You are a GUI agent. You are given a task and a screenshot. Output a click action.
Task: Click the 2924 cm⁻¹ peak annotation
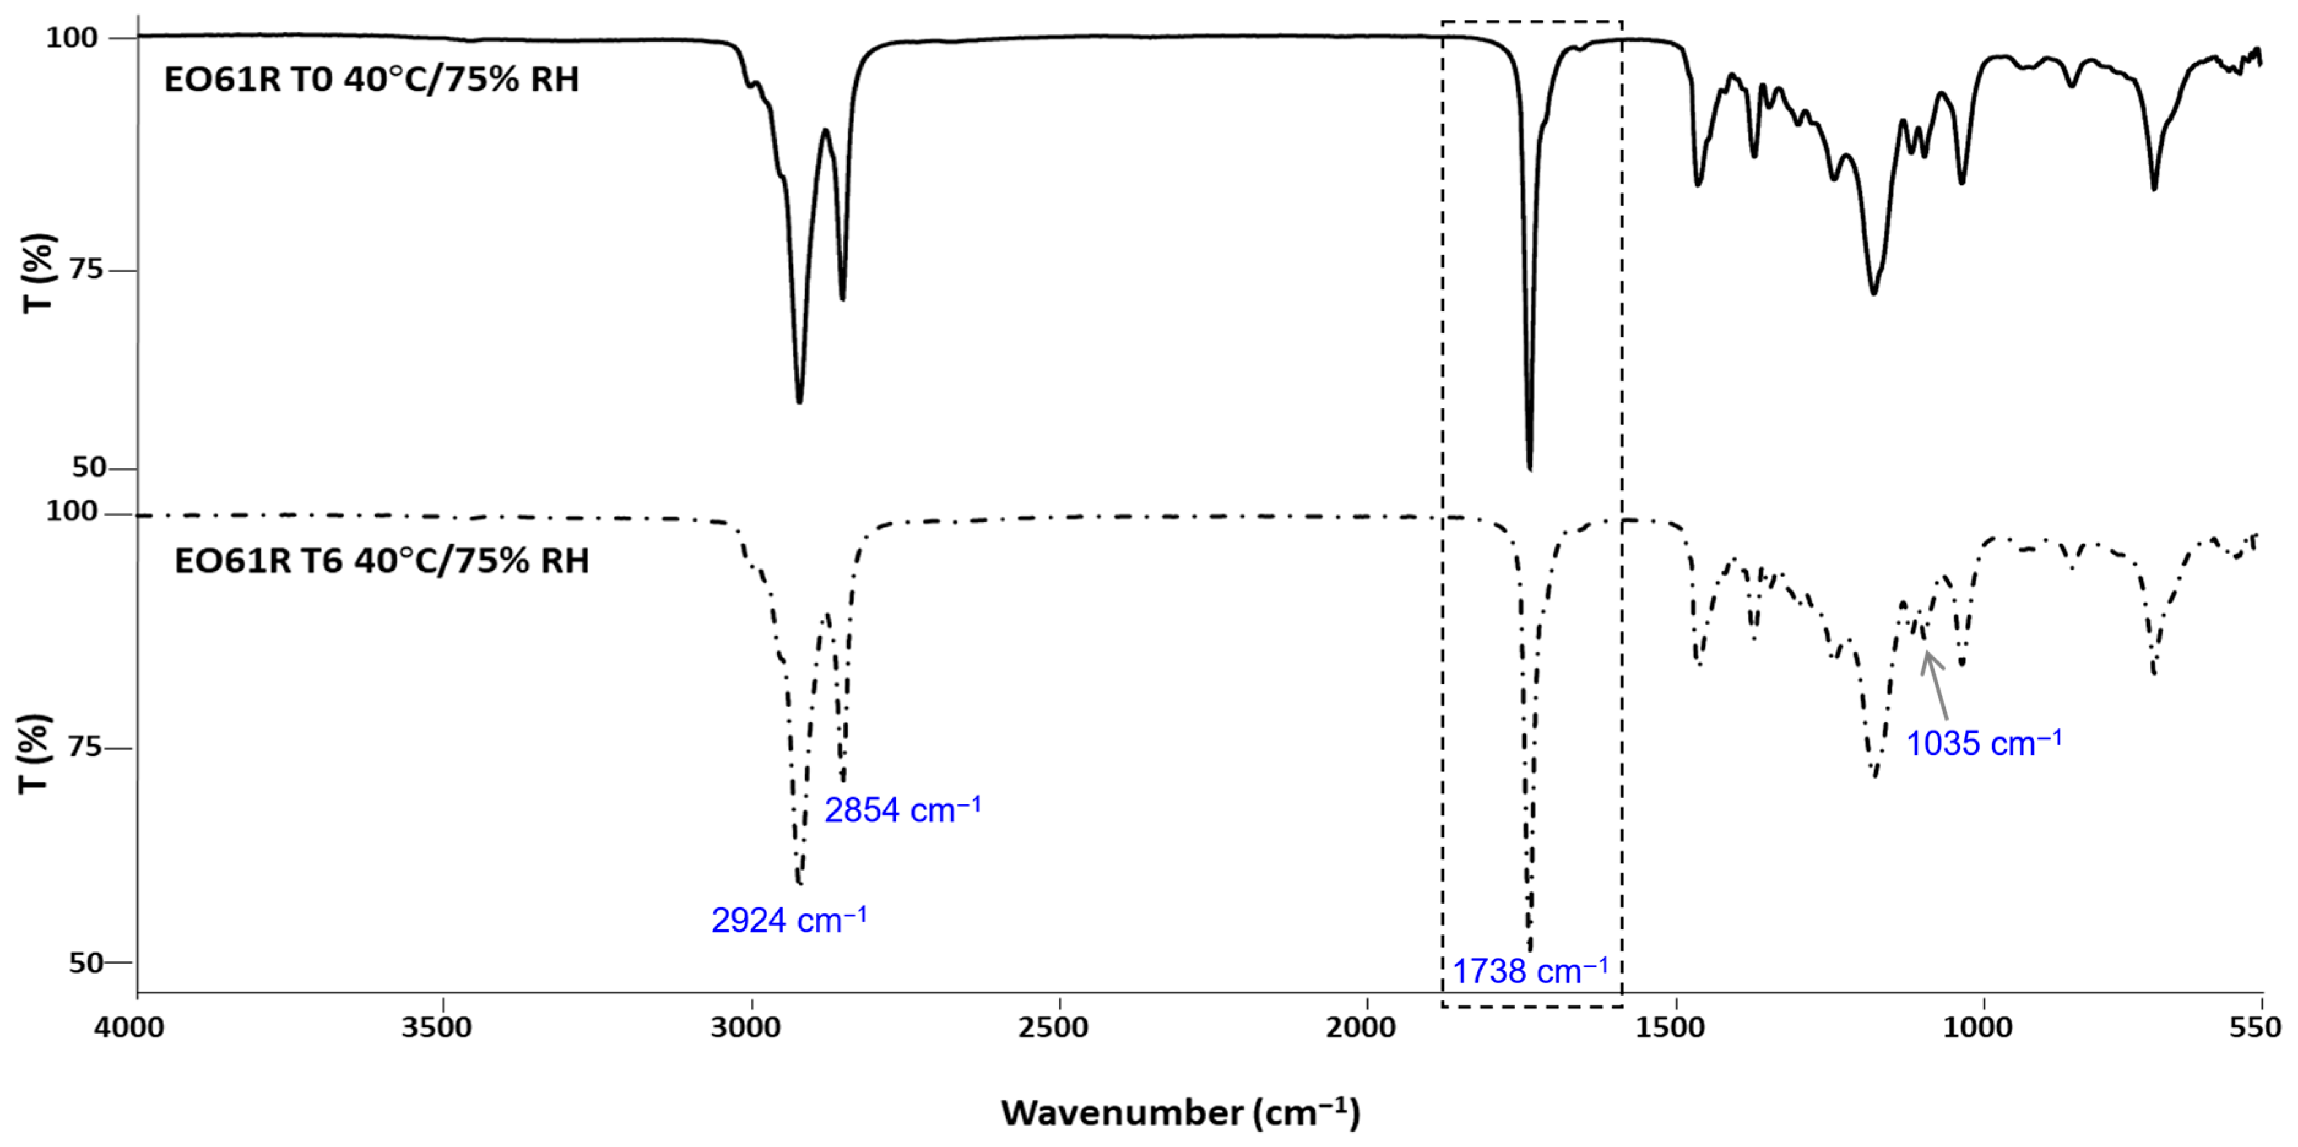coord(789,920)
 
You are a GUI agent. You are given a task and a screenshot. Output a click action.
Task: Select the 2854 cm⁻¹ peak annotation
coord(902,810)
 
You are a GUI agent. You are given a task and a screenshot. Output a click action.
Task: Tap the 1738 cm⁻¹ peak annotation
coord(1531,971)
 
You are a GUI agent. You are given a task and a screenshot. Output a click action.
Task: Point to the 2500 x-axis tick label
coord(1059,1027)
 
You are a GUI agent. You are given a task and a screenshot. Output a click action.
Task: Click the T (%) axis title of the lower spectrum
coord(33,753)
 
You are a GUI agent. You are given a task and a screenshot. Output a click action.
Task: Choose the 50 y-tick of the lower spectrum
coord(86,963)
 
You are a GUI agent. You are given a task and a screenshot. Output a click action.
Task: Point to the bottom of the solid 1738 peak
coord(1530,468)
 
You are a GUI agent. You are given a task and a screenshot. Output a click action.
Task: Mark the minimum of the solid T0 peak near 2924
coord(799,402)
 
